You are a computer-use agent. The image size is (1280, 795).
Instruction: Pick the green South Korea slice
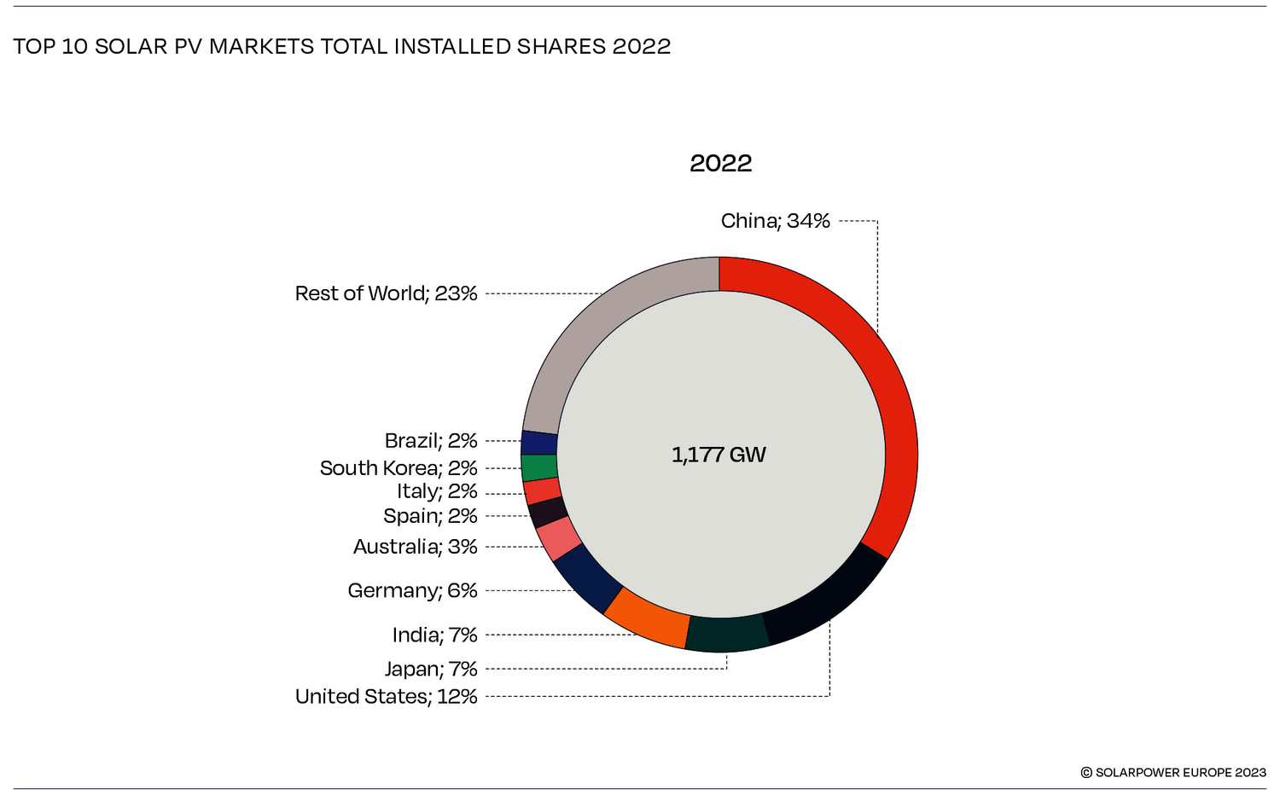[539, 467]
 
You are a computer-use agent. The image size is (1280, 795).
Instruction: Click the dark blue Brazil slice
[539, 443]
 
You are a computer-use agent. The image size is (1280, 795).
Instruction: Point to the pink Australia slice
[559, 538]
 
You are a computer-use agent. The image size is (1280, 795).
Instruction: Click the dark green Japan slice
[727, 633]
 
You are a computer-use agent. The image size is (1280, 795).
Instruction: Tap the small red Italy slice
[542, 491]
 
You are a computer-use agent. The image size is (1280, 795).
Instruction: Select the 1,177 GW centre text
[719, 455]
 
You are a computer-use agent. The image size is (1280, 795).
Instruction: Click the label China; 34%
[775, 221]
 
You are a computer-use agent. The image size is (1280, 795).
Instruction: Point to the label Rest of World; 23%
[386, 293]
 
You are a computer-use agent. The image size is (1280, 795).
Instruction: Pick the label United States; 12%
[386, 696]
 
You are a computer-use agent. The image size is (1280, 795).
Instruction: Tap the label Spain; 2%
[430, 516]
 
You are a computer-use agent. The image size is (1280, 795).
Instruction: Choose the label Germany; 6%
[412, 590]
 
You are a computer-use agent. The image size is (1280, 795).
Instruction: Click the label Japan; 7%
[430, 669]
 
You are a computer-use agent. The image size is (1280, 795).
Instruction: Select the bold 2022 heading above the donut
[720, 163]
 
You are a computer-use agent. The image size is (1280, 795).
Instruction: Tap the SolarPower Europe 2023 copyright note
[1173, 772]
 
